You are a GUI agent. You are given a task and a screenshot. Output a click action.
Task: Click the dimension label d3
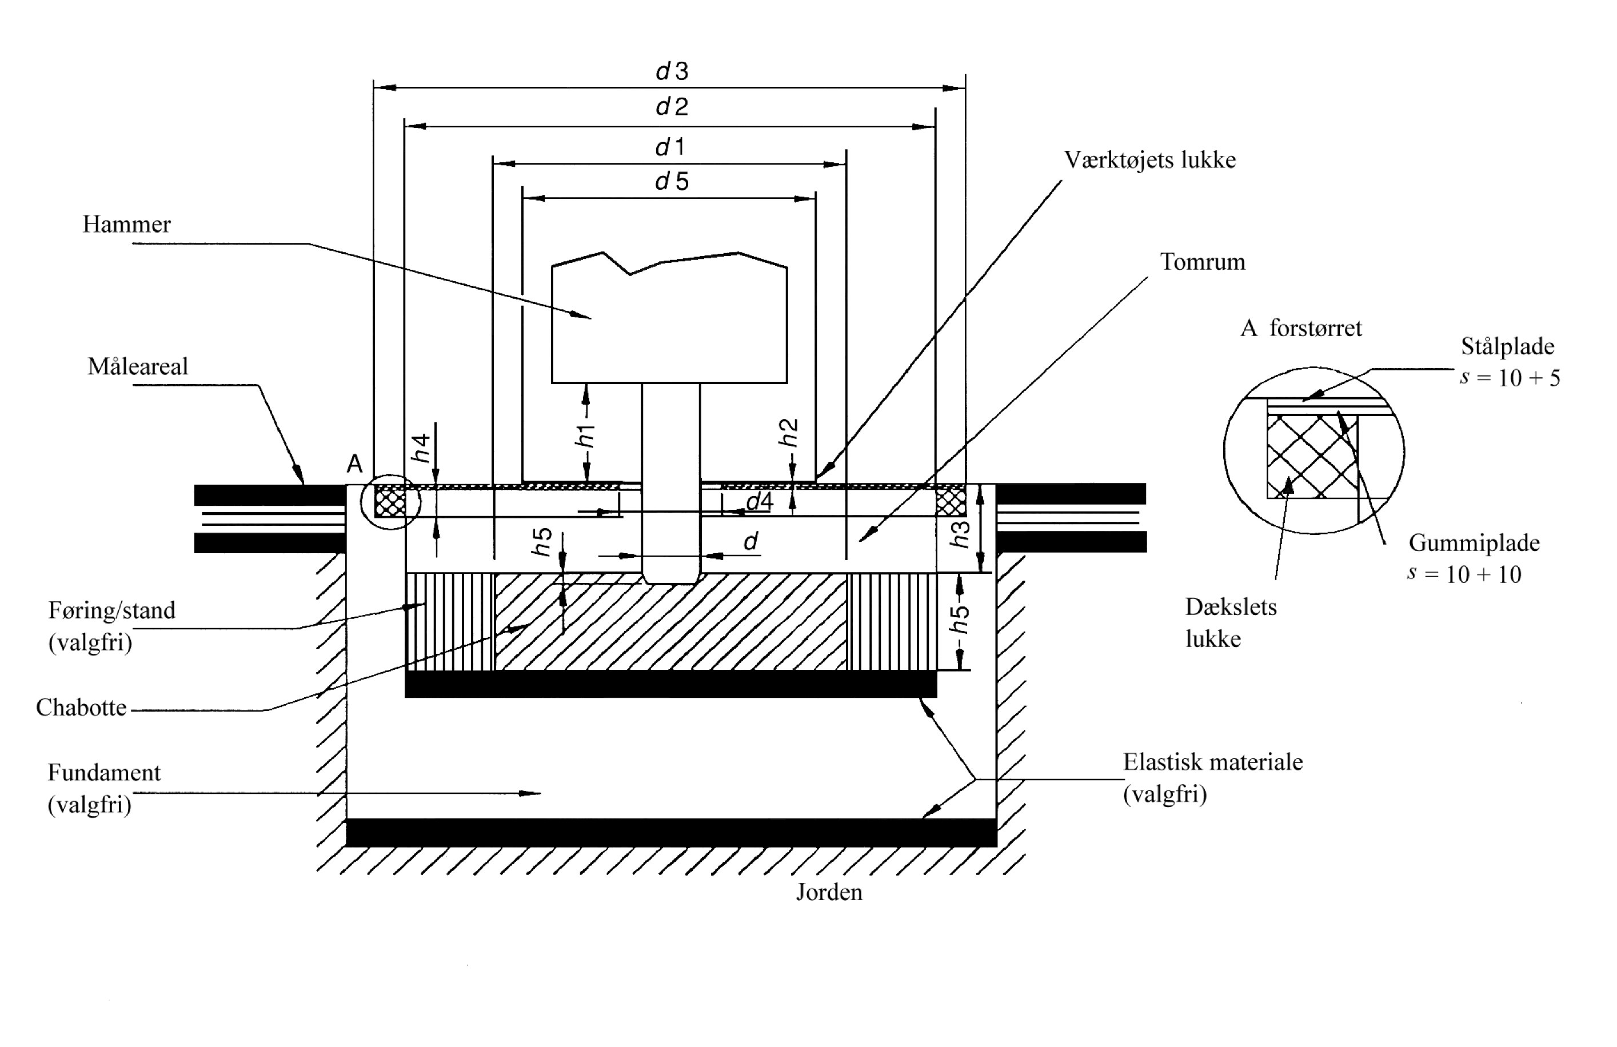coord(672,71)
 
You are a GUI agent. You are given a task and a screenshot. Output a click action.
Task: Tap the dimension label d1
coord(670,147)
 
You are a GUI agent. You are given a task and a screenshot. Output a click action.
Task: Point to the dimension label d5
coord(672,181)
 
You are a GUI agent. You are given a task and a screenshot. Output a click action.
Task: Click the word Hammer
coord(126,224)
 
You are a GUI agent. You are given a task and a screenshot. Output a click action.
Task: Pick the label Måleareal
coord(137,366)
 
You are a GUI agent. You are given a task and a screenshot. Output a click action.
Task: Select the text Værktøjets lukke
coord(1149,161)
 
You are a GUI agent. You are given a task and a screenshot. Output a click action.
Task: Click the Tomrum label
coord(1203,262)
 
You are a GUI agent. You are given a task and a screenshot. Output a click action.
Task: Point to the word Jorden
coord(829,892)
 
